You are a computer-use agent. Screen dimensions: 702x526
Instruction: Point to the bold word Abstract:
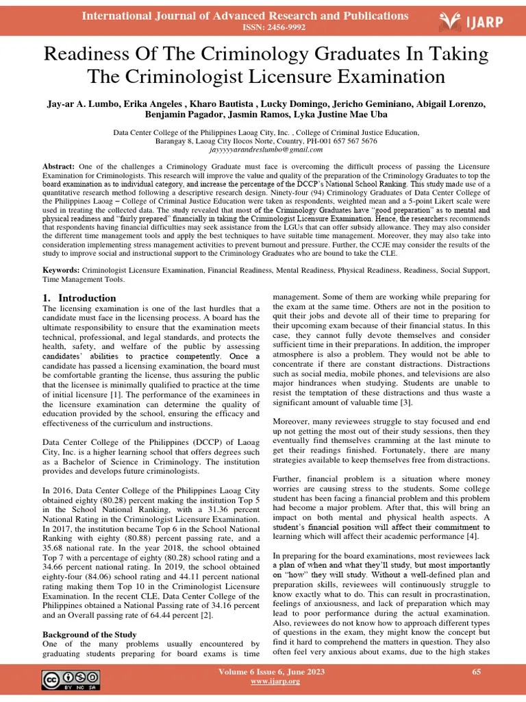point(58,167)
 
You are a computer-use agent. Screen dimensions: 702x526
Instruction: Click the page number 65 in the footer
point(477,672)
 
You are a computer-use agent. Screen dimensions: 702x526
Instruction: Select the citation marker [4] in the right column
point(472,536)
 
